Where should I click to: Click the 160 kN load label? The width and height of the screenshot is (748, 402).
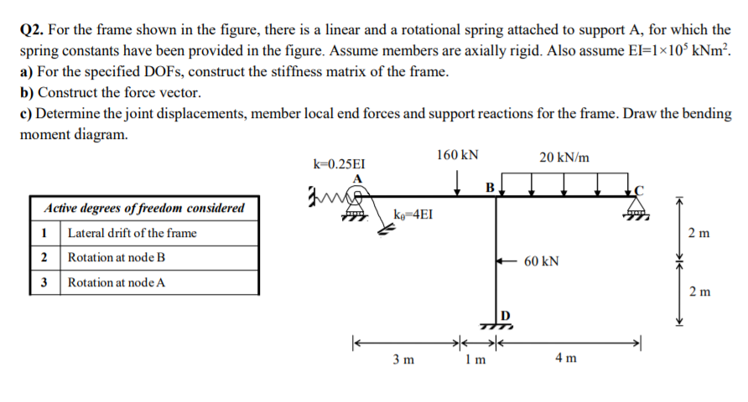tap(458, 155)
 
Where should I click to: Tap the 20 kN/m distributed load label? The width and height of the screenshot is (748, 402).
tap(564, 157)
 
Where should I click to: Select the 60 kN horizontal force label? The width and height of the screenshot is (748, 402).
tap(542, 261)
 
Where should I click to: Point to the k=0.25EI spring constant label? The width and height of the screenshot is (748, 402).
tap(338, 164)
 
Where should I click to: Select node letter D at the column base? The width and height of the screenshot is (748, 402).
tap(505, 314)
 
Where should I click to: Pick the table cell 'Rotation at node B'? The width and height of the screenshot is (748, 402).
tap(117, 257)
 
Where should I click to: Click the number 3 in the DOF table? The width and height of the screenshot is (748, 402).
tap(44, 282)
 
